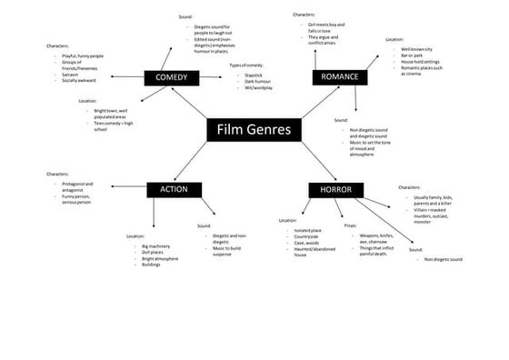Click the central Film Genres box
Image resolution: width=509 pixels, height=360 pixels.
(x=254, y=130)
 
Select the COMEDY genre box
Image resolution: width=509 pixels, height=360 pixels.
(x=171, y=78)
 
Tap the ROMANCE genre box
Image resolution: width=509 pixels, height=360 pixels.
(x=337, y=78)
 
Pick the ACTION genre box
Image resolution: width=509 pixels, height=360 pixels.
(x=174, y=189)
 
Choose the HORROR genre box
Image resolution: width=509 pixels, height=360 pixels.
(x=335, y=189)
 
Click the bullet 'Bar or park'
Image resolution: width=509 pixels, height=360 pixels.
(x=414, y=55)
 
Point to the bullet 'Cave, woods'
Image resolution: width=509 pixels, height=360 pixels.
(x=305, y=244)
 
